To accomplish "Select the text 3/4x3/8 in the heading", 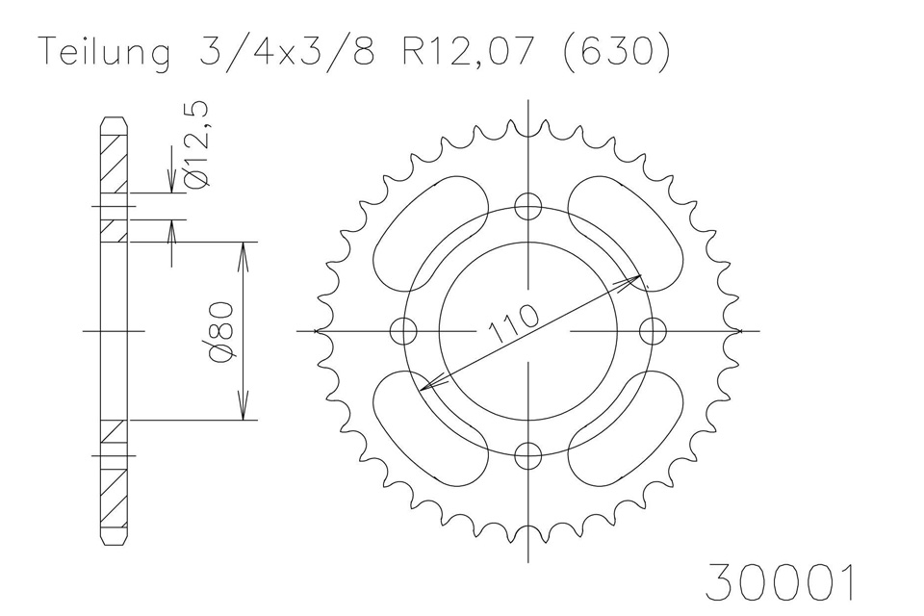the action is coord(288,52).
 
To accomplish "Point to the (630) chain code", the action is coord(617,53).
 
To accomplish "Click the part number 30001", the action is coord(780,582).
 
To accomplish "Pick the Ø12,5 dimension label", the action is coord(195,145).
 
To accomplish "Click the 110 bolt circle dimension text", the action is coord(512,323).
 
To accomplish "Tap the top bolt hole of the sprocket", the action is coord(528,207).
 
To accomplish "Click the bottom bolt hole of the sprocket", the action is coord(528,454).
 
